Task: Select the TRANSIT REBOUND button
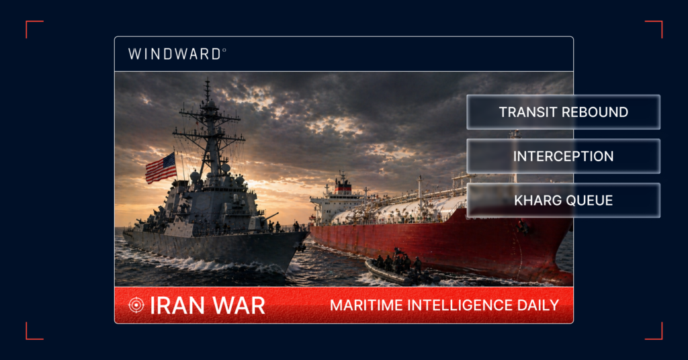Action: pos(563,112)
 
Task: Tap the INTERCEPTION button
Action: pos(563,156)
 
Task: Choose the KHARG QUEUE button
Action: pos(563,200)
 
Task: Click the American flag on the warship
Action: pos(161,167)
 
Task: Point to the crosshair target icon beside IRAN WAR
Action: pos(136,306)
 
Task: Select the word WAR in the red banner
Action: pos(239,306)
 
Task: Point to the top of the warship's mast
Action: pos(207,82)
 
